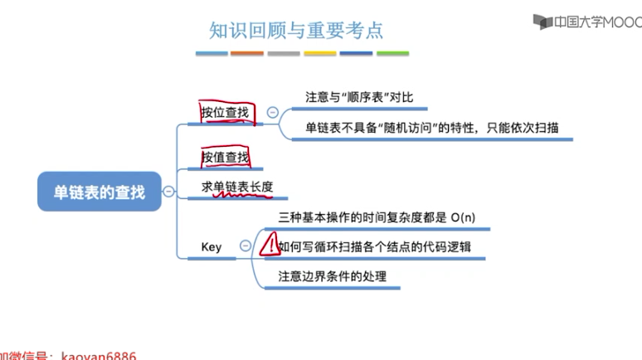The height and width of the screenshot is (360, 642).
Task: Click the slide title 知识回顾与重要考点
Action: coord(296,30)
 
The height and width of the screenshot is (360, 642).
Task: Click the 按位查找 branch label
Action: coord(225,112)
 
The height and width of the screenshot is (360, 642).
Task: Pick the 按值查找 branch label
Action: coord(225,157)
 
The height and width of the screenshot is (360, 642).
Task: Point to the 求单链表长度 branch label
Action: coord(237,187)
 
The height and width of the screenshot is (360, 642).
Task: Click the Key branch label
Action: coord(212,246)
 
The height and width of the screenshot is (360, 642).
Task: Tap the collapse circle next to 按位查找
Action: coord(272,112)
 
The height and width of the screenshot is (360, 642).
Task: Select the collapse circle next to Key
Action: coord(245,246)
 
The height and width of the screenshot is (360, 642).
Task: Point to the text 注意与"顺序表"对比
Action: coord(353,97)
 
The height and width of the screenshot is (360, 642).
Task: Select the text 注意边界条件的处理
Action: coord(332,276)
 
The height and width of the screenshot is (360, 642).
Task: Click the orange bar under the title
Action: coord(247,53)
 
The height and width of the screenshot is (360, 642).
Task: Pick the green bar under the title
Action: coord(392,53)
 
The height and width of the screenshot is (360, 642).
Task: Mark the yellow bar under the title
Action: coord(319,53)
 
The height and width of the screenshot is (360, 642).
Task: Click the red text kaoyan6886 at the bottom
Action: coord(99,355)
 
